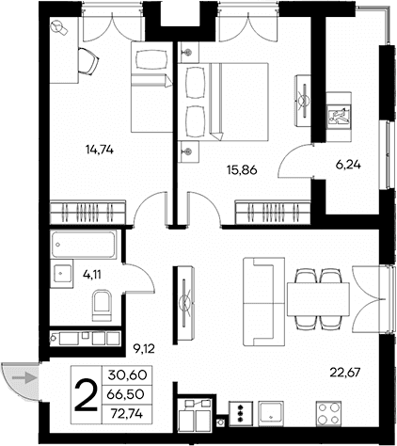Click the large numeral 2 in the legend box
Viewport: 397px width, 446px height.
[x=85, y=394]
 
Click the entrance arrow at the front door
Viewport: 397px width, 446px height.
[x=29, y=378]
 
